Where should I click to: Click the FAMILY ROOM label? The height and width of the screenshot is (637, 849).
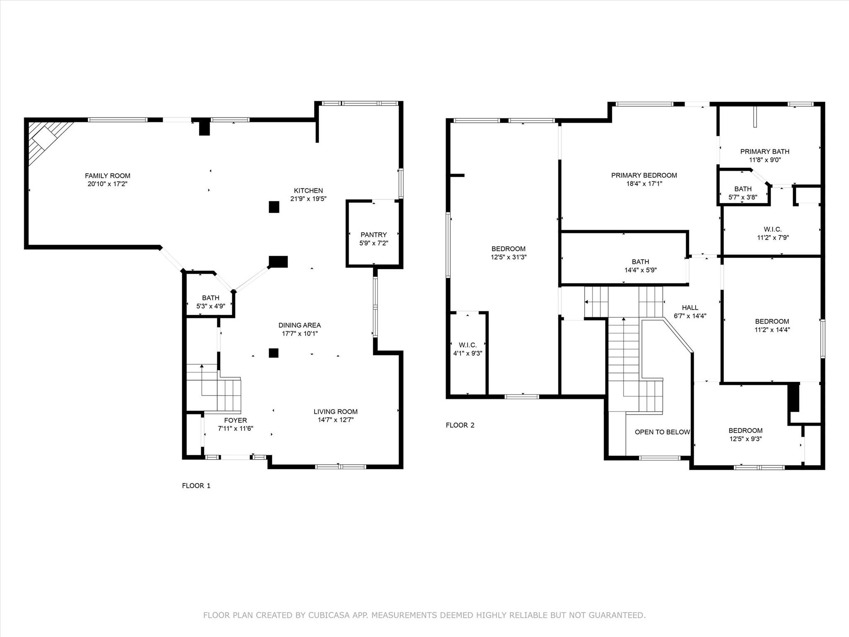[107, 176]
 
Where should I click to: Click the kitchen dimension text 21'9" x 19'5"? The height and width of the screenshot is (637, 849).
[308, 199]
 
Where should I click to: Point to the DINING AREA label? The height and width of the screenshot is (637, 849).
[299, 325]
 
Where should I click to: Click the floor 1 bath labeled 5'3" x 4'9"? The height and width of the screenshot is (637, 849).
[211, 302]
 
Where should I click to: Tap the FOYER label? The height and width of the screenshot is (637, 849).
[235, 420]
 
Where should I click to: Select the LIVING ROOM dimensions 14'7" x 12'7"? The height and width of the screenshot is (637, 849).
[335, 420]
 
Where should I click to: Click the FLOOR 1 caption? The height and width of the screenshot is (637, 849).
[196, 486]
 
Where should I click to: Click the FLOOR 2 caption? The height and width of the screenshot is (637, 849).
[460, 425]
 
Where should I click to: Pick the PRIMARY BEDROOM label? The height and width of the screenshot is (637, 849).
[644, 175]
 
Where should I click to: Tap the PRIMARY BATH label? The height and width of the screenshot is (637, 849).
[764, 151]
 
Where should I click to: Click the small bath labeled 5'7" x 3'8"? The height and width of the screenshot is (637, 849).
[742, 193]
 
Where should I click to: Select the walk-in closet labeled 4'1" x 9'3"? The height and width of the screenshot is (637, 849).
[468, 349]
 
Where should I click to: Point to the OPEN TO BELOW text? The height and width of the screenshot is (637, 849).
[662, 432]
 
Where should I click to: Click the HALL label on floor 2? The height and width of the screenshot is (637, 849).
[690, 308]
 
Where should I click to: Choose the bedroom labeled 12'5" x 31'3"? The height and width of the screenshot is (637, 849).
[508, 253]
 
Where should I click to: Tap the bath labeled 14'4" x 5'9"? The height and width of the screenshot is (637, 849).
[640, 266]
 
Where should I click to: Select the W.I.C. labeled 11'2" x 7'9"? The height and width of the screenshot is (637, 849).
[772, 233]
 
